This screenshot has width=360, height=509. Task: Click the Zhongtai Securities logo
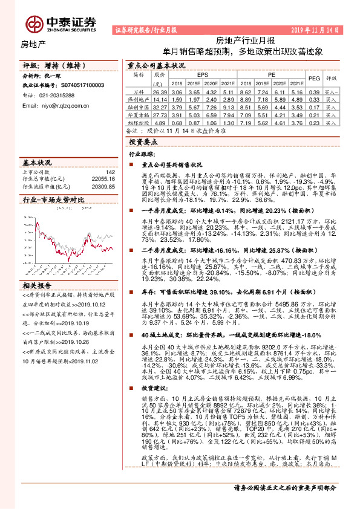click(60, 23)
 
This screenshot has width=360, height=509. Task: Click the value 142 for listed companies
click(110, 172)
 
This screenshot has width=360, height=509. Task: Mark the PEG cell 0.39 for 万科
click(313, 91)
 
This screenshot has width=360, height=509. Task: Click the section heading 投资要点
click(143, 141)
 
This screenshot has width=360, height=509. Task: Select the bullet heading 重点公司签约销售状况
click(171, 164)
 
